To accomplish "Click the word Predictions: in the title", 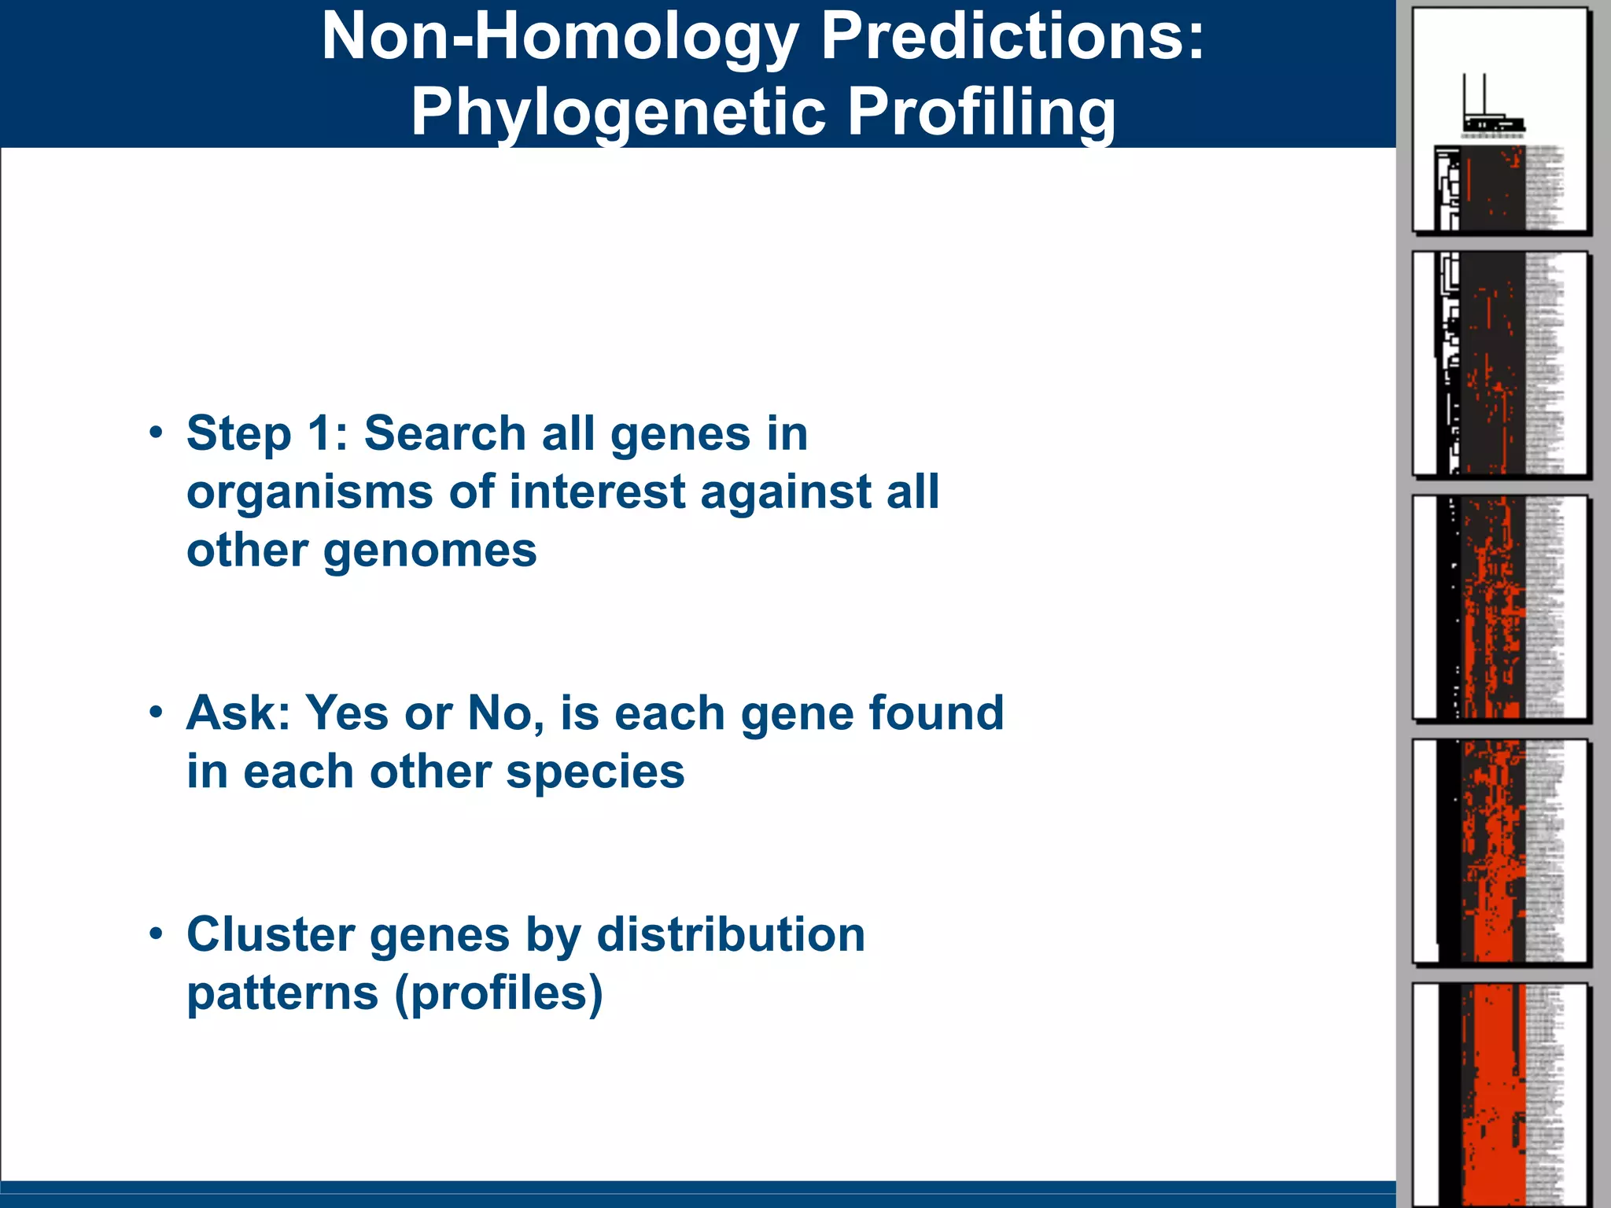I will (x=1012, y=38).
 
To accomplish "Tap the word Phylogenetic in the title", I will (x=617, y=112).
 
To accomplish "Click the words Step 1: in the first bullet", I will (x=267, y=433).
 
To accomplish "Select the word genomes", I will (x=430, y=551).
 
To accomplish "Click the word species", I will (x=595, y=772).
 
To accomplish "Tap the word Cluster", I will (x=270, y=934).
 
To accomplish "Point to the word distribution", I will (x=731, y=934).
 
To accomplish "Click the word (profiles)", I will (x=498, y=993).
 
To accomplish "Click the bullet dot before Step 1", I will (x=157, y=433).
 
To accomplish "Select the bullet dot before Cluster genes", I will (x=157, y=934).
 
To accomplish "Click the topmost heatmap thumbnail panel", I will (x=1500, y=120).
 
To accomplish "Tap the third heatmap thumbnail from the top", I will (x=1500, y=607).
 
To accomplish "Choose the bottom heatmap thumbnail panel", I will (x=1500, y=1095).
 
